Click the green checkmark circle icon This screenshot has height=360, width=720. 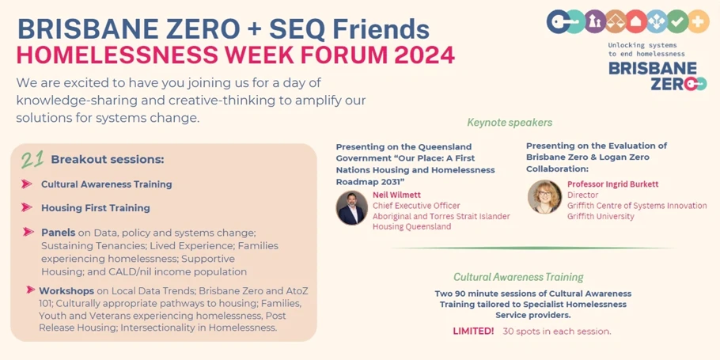tap(678, 21)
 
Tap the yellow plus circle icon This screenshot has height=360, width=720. tap(699, 21)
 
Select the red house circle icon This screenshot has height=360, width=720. tap(636, 21)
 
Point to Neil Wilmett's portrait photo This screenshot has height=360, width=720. tap(352, 208)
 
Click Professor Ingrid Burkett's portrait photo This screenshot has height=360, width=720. tap(544, 196)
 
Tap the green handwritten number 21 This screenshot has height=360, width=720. tap(32, 159)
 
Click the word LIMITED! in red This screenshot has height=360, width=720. tap(473, 331)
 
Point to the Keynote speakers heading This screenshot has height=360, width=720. tap(510, 123)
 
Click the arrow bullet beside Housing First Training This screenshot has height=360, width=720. tap(27, 207)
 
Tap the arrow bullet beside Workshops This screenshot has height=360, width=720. tap(31, 290)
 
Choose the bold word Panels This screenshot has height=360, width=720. tap(59, 233)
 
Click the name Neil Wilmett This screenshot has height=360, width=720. tap(396, 195)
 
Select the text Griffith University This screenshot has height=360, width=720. tap(601, 216)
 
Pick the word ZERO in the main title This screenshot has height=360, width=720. tap(220, 29)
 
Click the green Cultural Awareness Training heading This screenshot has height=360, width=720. tap(518, 278)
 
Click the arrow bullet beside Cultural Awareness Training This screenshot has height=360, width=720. tap(27, 184)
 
